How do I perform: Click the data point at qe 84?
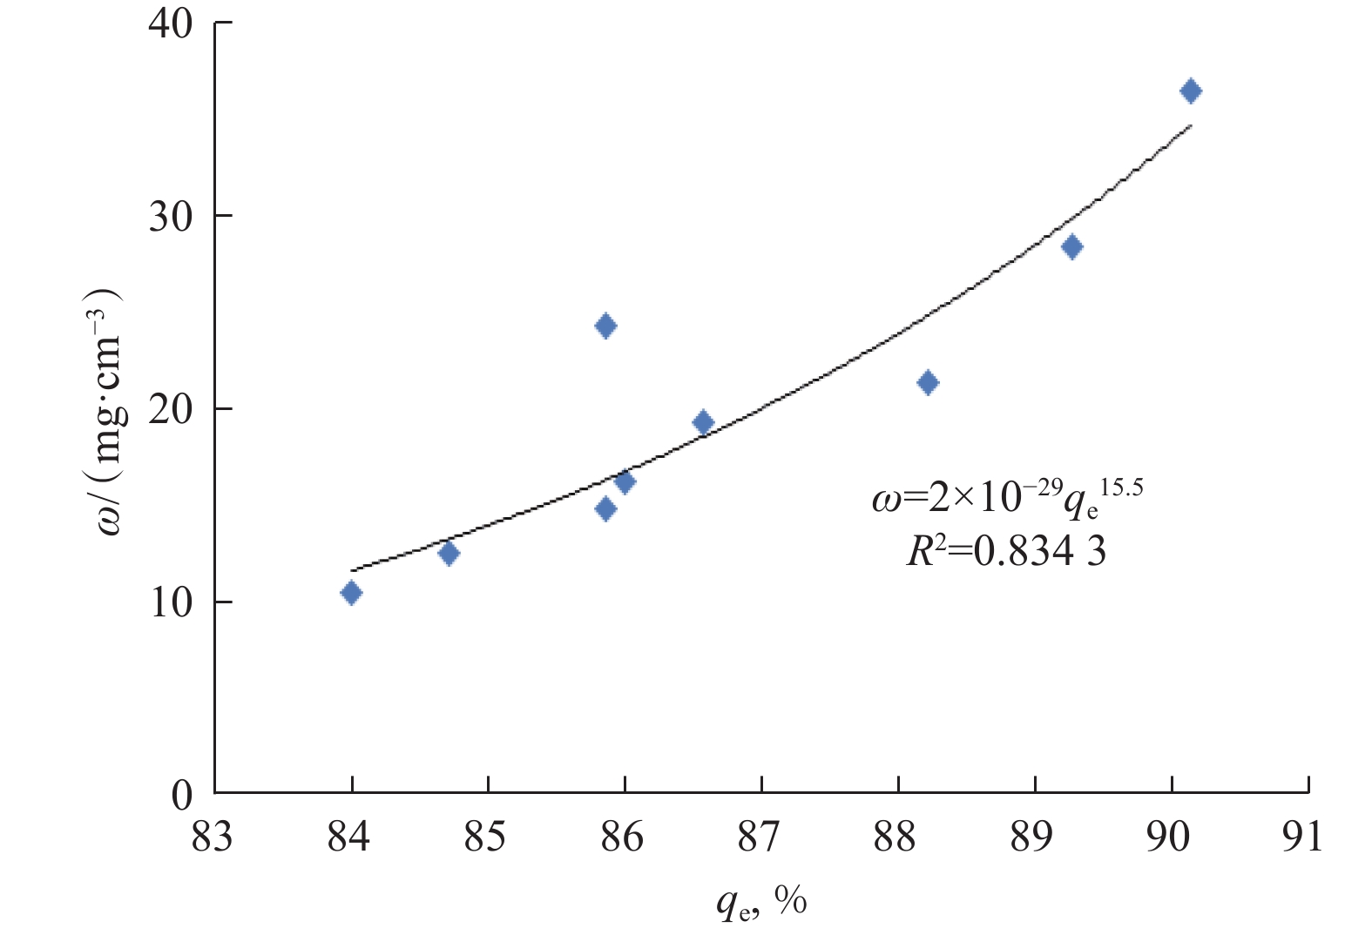[x=351, y=593]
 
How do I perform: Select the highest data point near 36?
[x=1191, y=91]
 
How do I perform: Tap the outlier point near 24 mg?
[x=605, y=326]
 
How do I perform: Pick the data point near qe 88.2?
[x=928, y=383]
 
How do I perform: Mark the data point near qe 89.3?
[x=1072, y=247]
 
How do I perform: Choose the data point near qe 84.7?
[x=449, y=554]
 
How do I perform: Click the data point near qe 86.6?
[x=703, y=423]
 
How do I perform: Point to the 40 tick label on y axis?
[x=171, y=23]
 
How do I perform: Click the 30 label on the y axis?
[x=171, y=216]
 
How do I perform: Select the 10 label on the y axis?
[x=171, y=602]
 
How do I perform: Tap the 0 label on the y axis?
[x=182, y=795]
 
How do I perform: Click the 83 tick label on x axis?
[x=213, y=837]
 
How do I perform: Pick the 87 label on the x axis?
[x=760, y=837]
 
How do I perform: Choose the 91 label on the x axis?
[x=1304, y=837]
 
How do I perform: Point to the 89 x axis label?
[x=1033, y=837]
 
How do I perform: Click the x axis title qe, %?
[x=760, y=902]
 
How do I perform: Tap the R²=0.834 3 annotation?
[x=1006, y=551]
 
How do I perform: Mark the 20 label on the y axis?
[x=171, y=409]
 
